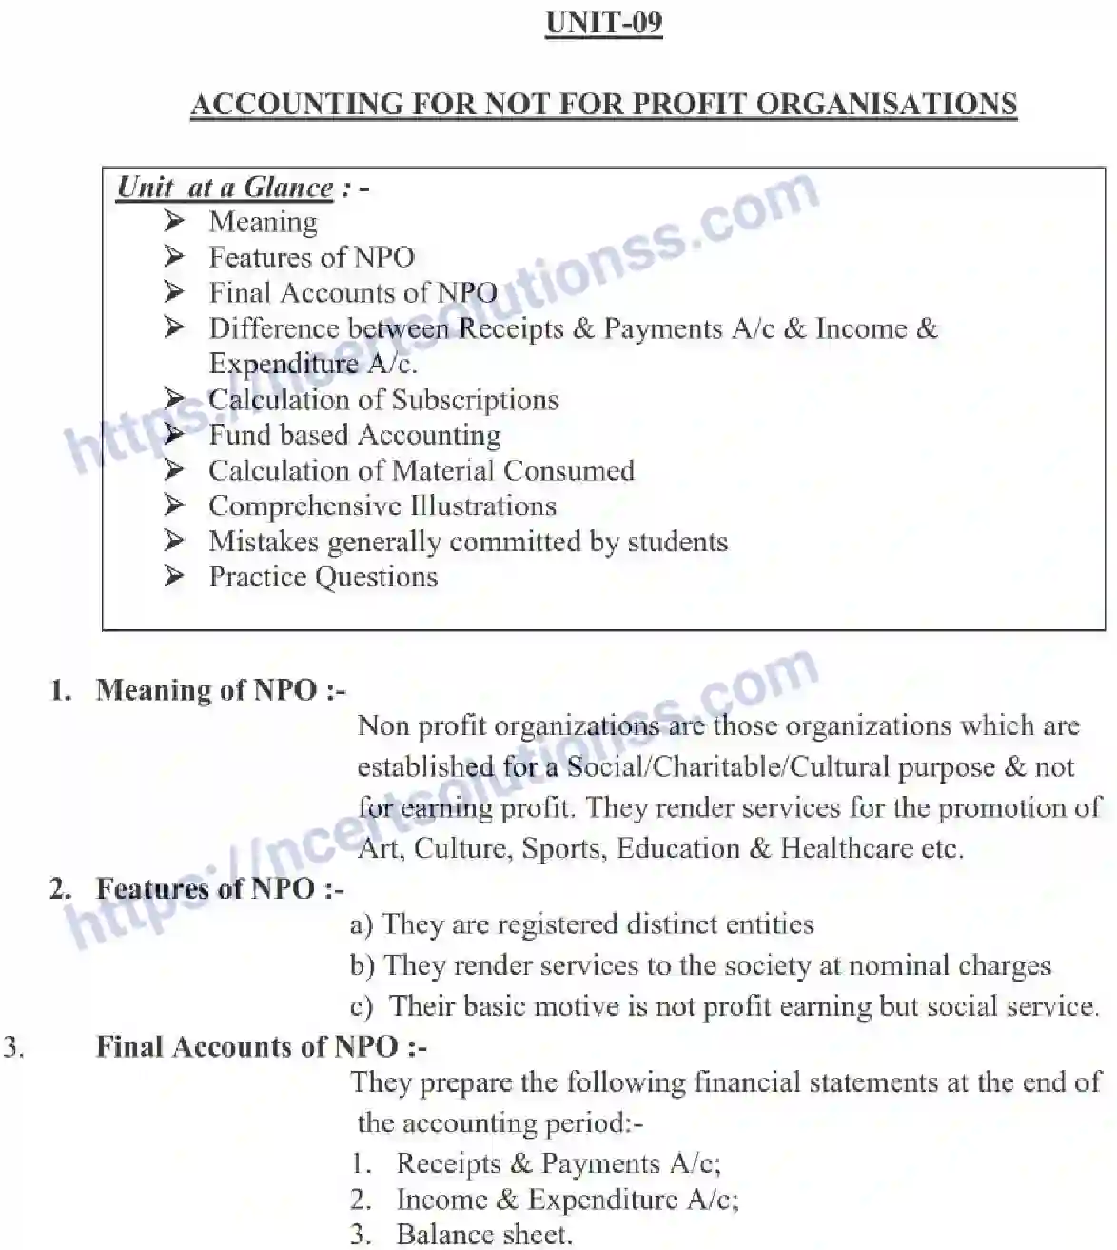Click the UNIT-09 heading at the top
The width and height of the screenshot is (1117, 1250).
[x=603, y=23]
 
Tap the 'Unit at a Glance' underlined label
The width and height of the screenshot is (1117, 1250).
[x=225, y=187]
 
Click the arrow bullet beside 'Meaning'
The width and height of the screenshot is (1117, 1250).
[x=173, y=221]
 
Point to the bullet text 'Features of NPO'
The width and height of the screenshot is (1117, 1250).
[x=311, y=257]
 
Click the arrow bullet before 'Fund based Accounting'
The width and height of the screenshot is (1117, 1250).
[x=173, y=434]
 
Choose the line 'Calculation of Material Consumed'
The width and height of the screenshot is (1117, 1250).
[x=421, y=470]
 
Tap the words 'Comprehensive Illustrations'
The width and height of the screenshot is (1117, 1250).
[x=382, y=506]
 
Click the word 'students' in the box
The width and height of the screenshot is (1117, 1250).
[x=676, y=542]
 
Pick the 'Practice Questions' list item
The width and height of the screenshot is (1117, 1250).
[x=323, y=577]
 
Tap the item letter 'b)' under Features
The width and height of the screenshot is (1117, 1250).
[x=363, y=965]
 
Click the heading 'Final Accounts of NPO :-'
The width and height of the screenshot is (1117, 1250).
[x=261, y=1046]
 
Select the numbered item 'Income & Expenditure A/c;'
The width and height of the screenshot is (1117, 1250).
[x=567, y=1200]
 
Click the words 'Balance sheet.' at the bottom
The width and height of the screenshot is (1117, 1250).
[x=484, y=1235]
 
